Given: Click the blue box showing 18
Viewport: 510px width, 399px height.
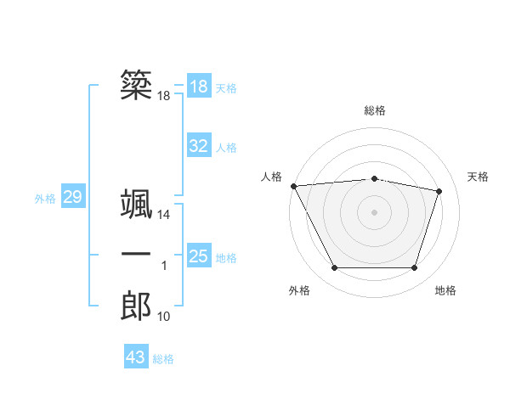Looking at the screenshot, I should (x=198, y=87).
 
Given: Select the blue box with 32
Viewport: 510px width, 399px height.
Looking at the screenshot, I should (x=198, y=146).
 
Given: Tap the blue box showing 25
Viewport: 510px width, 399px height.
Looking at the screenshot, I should (x=198, y=256).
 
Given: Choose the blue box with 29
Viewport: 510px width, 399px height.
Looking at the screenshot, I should (x=72, y=198).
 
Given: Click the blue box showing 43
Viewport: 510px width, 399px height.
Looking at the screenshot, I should (x=136, y=357).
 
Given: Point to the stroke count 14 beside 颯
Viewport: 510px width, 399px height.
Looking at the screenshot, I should (x=164, y=216).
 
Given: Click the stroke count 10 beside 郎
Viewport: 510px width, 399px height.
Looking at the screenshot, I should (x=164, y=317).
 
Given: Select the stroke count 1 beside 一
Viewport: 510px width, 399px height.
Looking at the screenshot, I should (x=164, y=267).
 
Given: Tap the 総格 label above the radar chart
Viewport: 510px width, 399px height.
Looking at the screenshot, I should (x=374, y=110).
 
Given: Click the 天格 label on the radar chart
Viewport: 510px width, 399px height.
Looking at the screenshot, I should (x=478, y=177).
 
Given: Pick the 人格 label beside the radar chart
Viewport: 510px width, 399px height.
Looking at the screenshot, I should (x=271, y=177).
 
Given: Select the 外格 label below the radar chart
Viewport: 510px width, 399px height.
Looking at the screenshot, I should (x=299, y=290).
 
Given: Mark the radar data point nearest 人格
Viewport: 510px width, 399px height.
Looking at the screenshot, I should (x=293, y=186).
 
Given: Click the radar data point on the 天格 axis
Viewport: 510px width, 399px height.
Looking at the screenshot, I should (x=439, y=191).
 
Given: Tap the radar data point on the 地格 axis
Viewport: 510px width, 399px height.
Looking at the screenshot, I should (x=414, y=268).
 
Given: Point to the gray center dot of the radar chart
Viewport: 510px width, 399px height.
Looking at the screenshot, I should (x=374, y=211).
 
